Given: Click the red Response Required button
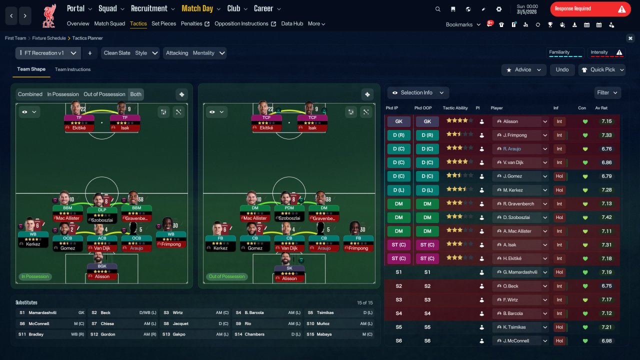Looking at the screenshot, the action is tap(590, 9).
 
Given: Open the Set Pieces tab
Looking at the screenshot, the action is tap(163, 23).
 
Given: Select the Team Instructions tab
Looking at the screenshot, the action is tap(72, 69).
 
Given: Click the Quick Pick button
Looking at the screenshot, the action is tap(602, 69).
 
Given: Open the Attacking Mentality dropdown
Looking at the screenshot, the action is tap(195, 53).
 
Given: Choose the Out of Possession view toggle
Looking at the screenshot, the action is tap(104, 94).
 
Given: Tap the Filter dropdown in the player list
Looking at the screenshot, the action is tap(607, 92).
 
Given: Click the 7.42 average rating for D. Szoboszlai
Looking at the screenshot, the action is tap(606, 217).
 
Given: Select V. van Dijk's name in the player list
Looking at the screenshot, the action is tap(513, 162).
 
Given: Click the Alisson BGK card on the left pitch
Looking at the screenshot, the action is tap(102, 271).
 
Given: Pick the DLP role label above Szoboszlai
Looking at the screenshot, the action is tap(102, 210).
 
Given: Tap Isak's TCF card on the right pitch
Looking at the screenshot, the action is tap(312, 123).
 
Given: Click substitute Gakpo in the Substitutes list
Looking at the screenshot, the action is tap(179, 334).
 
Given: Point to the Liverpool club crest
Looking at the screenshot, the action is tap(49, 16).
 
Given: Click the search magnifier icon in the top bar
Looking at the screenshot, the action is tap(437, 9).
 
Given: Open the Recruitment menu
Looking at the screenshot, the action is tap(152, 8).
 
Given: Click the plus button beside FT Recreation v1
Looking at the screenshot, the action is tap(89, 53).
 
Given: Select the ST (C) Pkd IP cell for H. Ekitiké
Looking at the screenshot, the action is tap(399, 258).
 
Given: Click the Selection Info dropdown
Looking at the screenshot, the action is tap(418, 92).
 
